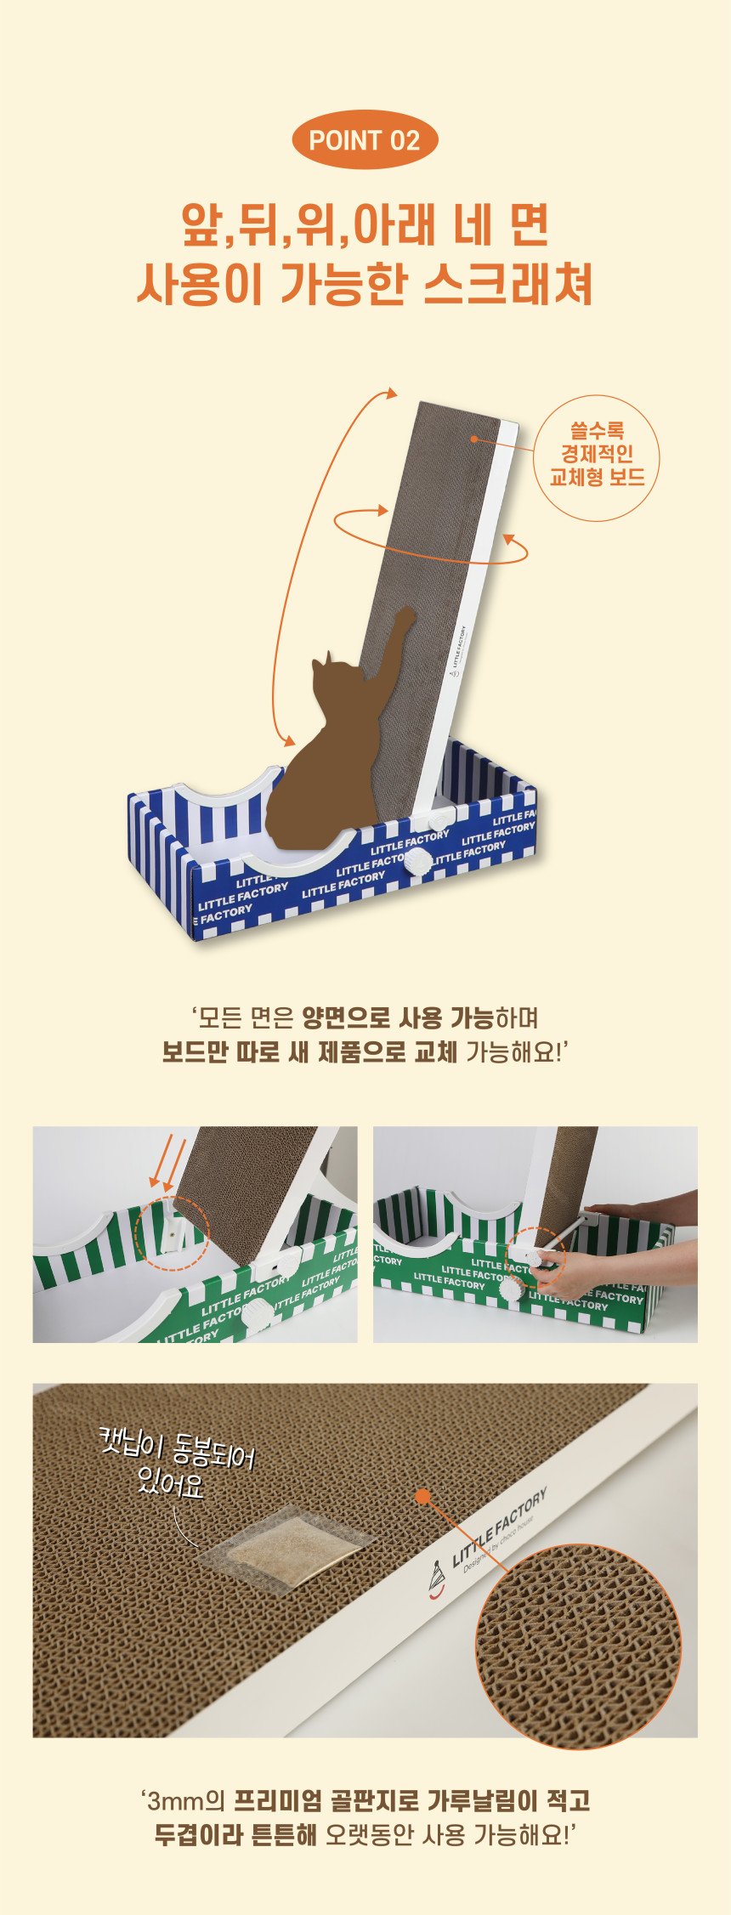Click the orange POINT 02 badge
coord(365,140)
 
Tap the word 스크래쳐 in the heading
coord(507,284)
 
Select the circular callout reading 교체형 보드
coord(597,457)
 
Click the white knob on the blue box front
coord(417,863)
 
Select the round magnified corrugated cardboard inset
coord(578,1646)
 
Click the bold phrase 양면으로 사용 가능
coord(398,1017)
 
